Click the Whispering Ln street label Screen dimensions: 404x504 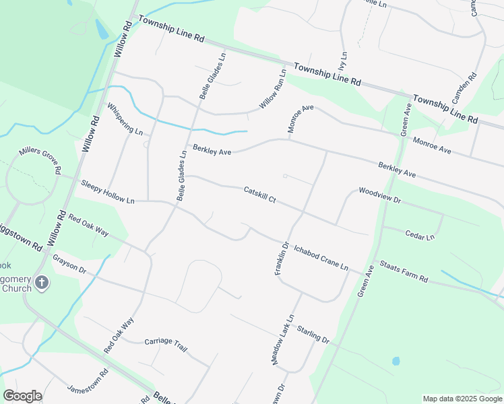[x=125, y=119]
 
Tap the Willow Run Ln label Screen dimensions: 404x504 [x=274, y=90]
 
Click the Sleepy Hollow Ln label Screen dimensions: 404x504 [x=108, y=192]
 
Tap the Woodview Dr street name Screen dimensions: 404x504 [x=380, y=196]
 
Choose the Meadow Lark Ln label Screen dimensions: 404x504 [x=284, y=339]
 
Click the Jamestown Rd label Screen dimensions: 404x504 [x=88, y=381]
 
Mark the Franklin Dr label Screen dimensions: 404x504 [x=282, y=259]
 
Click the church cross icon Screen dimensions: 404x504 [x=42, y=283]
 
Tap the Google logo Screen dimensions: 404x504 [x=22, y=396]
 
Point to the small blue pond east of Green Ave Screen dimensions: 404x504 [x=396, y=361]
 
